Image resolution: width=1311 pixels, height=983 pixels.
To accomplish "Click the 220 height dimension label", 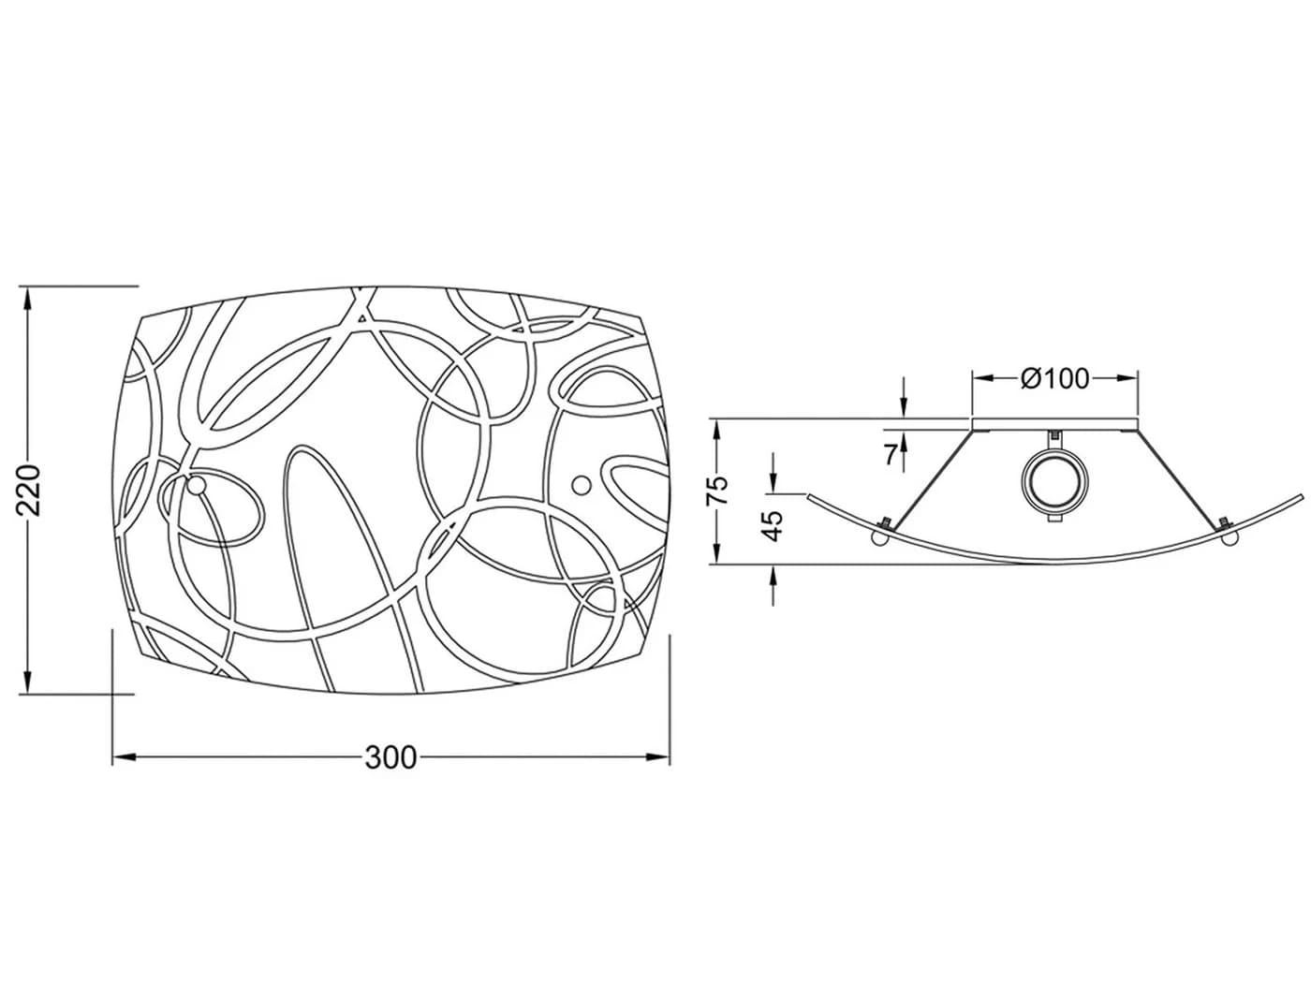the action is coord(29,490).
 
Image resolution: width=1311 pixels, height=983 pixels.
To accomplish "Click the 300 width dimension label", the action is coord(390,758).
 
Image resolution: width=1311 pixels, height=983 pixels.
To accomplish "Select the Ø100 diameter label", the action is coord(1054,378).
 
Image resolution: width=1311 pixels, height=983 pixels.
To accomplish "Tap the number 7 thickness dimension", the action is coord(891,455).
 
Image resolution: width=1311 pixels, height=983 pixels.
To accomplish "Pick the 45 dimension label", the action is coord(773,526).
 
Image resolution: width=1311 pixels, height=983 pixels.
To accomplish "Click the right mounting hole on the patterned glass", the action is coord(582,485).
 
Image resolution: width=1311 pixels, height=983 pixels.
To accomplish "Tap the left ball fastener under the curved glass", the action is coord(879,537).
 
